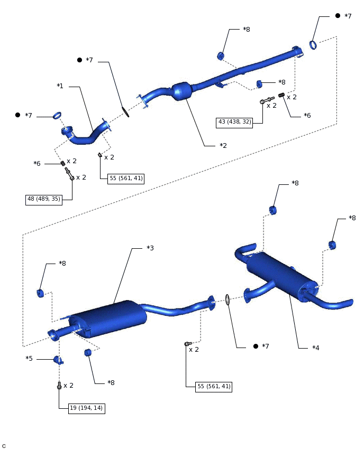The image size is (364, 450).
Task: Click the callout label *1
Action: click(60, 86)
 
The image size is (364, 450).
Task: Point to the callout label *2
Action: click(223, 145)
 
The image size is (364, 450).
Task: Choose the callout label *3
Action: click(150, 248)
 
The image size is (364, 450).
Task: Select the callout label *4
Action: click(316, 348)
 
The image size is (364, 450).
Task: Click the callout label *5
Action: click(29, 359)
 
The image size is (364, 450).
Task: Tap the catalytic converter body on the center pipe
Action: click(181, 91)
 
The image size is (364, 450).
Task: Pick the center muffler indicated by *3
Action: click(108, 318)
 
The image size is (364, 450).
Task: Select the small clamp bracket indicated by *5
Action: click(58, 360)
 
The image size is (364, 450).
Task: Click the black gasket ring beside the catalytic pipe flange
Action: click(125, 112)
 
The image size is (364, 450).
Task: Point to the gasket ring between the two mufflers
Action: click(228, 300)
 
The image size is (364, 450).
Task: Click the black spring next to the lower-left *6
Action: click(62, 163)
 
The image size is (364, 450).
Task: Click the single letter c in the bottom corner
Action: click(4, 446)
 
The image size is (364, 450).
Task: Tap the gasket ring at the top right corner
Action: click(313, 45)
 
